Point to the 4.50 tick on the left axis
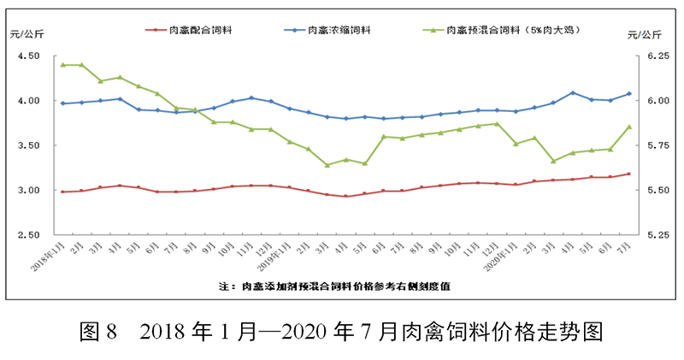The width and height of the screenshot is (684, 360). pos(29,56)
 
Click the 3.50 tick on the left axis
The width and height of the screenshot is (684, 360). pos(29,145)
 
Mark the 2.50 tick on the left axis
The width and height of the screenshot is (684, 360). pos(29,235)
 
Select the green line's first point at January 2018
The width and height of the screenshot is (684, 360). pos(62,65)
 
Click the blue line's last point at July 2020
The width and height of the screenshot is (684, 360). pos(629,94)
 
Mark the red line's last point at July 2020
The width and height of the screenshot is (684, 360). pos(629,174)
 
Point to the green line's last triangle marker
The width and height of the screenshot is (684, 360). pos(629,127)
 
